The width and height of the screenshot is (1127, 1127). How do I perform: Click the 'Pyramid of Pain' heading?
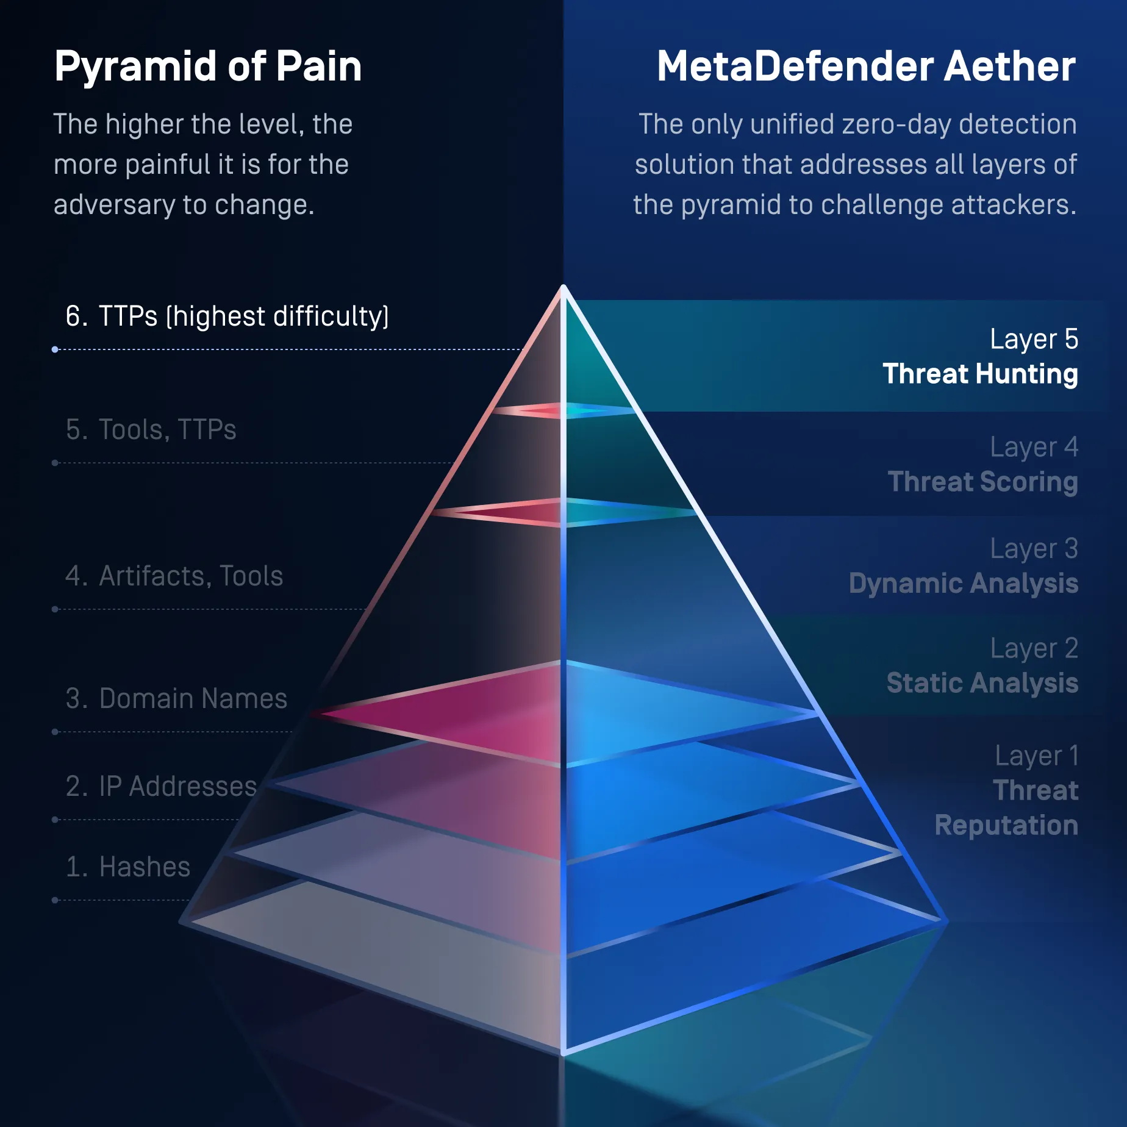coord(208,67)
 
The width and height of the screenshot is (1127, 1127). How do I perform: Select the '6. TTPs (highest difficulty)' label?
coord(227,317)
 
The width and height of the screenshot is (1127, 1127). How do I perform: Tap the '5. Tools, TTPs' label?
coord(151,429)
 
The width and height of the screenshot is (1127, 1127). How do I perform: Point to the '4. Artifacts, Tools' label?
coord(174,576)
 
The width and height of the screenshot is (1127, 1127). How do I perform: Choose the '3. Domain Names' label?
coord(176,698)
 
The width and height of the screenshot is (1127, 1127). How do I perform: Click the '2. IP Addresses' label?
coord(161,786)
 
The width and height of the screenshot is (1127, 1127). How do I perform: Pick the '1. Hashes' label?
coord(128,867)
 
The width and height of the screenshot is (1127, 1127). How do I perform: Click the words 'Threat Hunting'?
coord(981,374)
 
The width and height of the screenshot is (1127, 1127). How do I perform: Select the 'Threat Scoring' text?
coord(983,482)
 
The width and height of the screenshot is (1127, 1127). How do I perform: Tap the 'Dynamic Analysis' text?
coord(964,584)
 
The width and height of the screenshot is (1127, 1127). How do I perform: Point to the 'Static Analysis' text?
coord(982,683)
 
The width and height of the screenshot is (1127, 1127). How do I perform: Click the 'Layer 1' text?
coord(1037,756)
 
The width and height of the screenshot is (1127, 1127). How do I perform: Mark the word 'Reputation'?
coord(1007,826)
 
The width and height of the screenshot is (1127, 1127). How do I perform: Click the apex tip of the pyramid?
coord(563,286)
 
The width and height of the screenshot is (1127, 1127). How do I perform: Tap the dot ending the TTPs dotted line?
coord(55,349)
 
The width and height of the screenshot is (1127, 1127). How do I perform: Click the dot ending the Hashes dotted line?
coord(55,900)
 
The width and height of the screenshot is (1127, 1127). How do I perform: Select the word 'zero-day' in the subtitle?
coord(896,124)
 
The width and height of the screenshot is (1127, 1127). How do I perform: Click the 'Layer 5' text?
coord(1034,339)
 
